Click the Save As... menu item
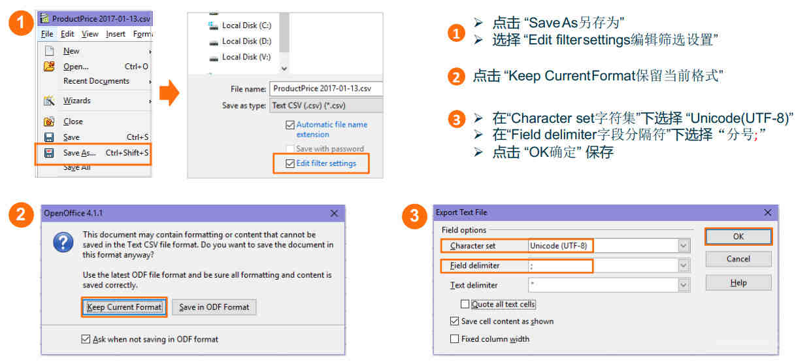click(96, 153)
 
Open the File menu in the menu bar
click(47, 34)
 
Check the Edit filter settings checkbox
click(290, 164)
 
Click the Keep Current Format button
click(124, 307)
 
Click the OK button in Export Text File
click(738, 237)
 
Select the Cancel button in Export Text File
click(738, 259)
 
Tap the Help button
click(738, 282)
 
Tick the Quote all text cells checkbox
click(465, 305)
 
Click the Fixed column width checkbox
click(454, 339)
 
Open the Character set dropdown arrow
click(683, 246)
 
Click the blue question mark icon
click(63, 242)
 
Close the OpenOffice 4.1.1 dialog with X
click(334, 213)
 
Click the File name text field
click(326, 89)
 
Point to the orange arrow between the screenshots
click(169, 93)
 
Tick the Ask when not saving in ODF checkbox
click(86, 339)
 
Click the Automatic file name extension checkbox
click(290, 125)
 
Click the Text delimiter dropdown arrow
click(683, 285)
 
